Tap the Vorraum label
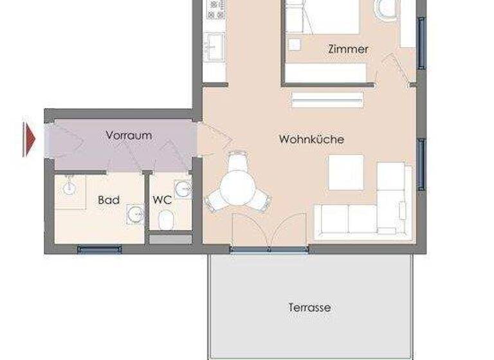coord(129,135)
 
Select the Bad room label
coord(108,200)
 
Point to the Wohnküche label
coord(311,139)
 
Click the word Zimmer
coord(348,49)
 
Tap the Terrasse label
coord(309,307)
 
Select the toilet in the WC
coord(166,221)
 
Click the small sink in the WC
coord(184,190)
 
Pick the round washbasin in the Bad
coord(135,213)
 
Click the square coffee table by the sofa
coord(346,172)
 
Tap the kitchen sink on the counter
coord(214,46)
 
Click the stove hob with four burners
coord(215,8)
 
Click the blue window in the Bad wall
coord(99,249)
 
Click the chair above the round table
coord(237,159)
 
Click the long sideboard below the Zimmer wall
coord(327,100)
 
